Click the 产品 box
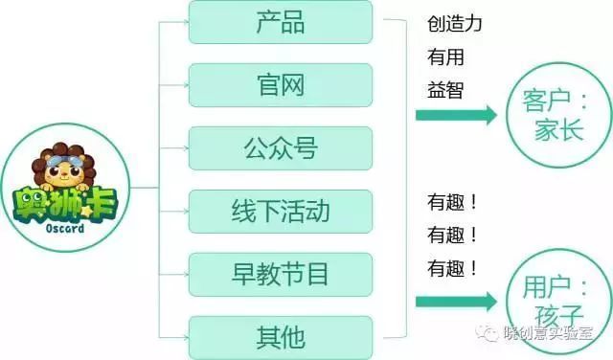(x=281, y=22)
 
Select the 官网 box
(x=281, y=85)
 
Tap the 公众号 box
(x=281, y=148)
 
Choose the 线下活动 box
(x=281, y=211)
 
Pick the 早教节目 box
(x=281, y=274)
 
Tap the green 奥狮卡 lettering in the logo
(x=62, y=206)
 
